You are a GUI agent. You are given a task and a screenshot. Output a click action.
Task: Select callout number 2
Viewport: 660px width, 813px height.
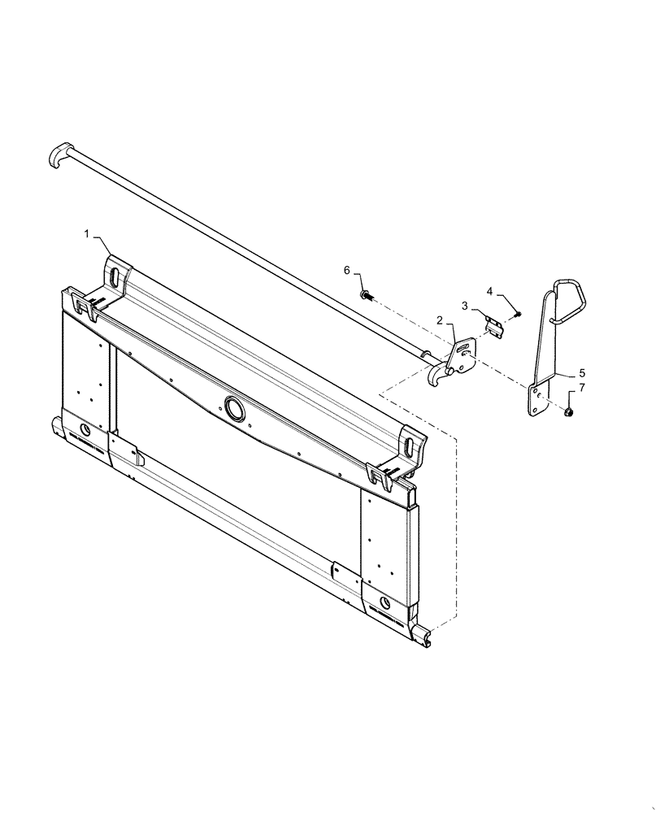(x=439, y=321)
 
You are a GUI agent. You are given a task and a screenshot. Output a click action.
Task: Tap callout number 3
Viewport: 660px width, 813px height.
(x=466, y=306)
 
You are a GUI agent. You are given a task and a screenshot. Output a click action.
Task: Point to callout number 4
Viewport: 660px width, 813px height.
(x=490, y=290)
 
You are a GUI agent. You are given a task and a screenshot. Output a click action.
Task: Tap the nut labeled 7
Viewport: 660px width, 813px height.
(x=569, y=414)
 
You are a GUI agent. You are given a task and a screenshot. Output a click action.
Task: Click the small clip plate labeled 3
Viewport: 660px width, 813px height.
(x=494, y=327)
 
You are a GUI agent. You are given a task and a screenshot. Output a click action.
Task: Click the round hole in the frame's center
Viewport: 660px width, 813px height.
(x=234, y=410)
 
